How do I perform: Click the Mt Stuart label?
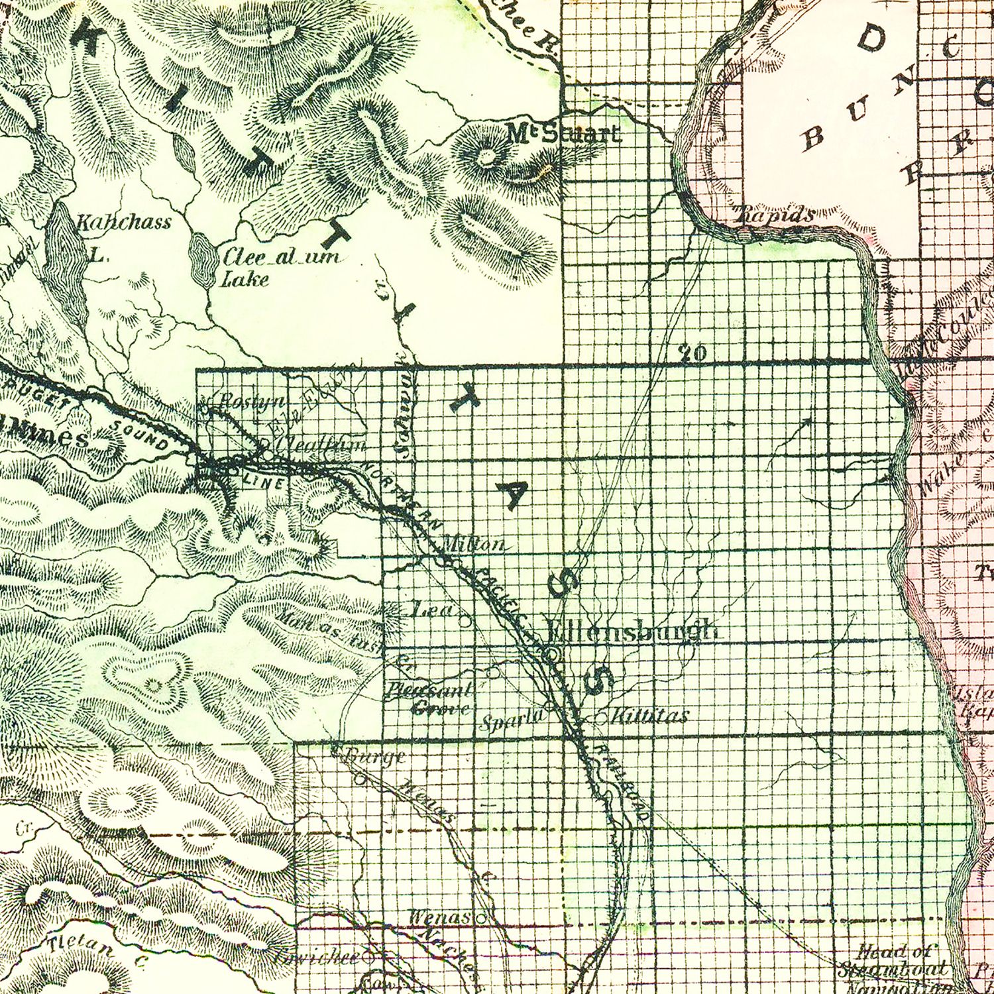click(x=564, y=135)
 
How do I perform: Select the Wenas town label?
click(x=439, y=918)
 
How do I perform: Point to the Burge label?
click(x=375, y=756)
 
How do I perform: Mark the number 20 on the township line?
click(x=693, y=353)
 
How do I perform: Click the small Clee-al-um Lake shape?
click(x=201, y=259)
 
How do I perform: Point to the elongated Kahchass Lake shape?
click(x=64, y=248)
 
